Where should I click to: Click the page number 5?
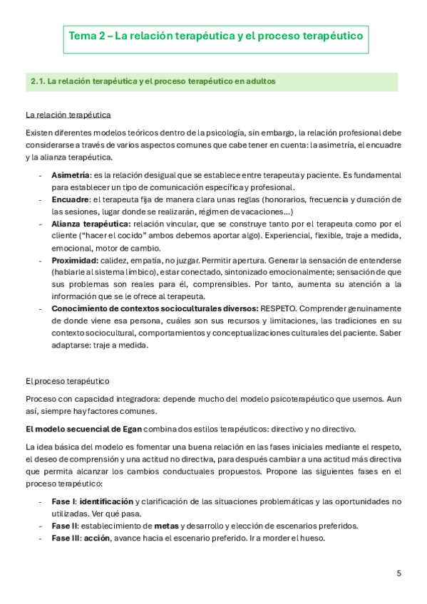pos(398,572)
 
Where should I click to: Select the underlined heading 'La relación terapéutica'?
pos(68,115)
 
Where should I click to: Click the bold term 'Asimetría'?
pos(70,175)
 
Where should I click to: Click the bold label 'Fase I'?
pos(63,501)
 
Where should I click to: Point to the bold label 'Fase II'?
pos(64,526)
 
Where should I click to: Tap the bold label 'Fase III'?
pos(66,538)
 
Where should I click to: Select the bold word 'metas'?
pos(165,526)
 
